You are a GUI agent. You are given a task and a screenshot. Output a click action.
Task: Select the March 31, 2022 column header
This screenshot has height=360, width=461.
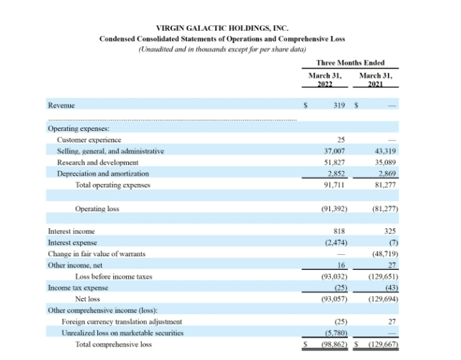pyautogui.click(x=325, y=79)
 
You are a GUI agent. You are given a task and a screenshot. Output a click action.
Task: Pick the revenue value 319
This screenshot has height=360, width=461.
pyautogui.click(x=340, y=104)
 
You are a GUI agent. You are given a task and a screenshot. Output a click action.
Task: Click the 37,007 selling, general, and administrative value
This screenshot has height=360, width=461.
pyautogui.click(x=335, y=151)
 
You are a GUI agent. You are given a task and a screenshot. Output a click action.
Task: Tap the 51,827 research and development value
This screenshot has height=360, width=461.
pyautogui.click(x=335, y=162)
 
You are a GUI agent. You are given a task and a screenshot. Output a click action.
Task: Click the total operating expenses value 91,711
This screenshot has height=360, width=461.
pyautogui.click(x=335, y=185)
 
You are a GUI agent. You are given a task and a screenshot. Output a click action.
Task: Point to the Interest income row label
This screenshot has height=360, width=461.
pyautogui.click(x=71, y=231)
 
